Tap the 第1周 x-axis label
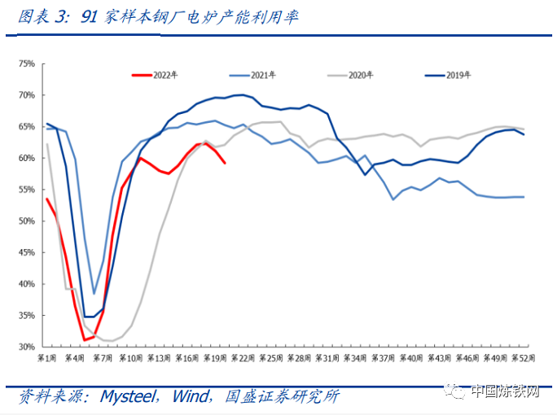click(46, 358)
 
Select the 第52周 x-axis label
click(523, 358)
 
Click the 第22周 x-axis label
click(243, 358)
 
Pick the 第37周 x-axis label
click(383, 358)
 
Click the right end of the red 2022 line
click(225, 164)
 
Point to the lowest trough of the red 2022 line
click(84, 340)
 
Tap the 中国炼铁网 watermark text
click(504, 394)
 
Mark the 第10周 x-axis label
click(130, 358)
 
